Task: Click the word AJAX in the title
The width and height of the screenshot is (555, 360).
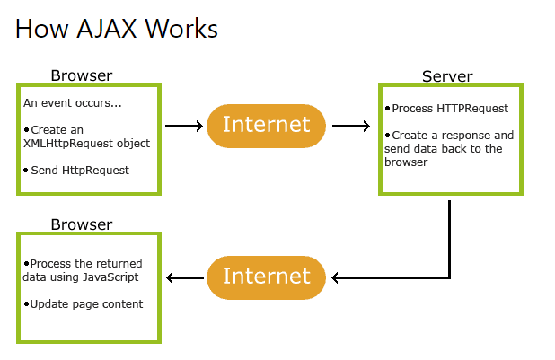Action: point(107,29)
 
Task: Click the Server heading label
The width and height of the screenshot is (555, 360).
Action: point(447,76)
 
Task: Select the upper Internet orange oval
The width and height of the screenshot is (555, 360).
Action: point(266,126)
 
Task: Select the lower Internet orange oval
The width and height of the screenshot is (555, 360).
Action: point(266,277)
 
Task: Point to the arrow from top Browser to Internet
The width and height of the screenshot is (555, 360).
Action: point(184,126)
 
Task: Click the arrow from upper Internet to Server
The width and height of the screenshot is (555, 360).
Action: point(351,126)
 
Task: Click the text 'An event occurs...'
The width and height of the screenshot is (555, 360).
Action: point(73,103)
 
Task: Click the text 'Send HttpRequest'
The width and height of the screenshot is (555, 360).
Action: point(80,171)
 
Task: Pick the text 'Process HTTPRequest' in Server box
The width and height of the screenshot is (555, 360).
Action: point(450,109)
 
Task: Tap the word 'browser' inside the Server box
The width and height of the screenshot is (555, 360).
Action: point(406,162)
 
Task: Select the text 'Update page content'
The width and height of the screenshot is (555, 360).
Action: point(87,304)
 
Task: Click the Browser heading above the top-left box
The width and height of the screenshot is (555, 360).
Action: point(82,75)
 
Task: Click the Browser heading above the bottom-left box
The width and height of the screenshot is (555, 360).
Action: point(82,224)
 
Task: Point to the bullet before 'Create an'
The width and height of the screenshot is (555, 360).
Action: point(27,130)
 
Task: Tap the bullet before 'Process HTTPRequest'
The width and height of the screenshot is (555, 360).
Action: point(388,108)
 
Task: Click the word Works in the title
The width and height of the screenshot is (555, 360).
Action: point(181,29)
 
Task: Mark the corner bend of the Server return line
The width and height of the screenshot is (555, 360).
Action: point(449,277)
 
